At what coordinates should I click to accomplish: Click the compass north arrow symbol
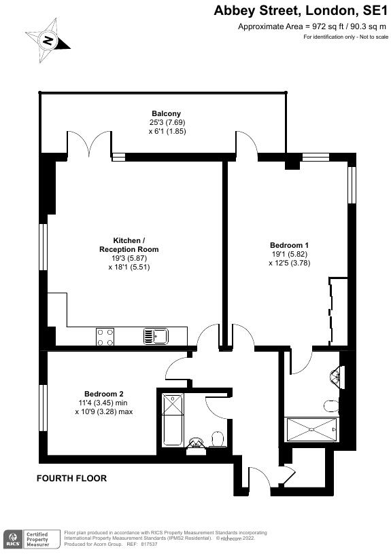click(x=48, y=41)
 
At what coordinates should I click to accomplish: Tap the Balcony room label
click(x=166, y=113)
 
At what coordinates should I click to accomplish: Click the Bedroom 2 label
click(x=103, y=394)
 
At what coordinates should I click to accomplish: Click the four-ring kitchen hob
click(x=105, y=335)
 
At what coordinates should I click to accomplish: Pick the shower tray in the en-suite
click(x=311, y=430)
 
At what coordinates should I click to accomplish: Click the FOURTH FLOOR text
click(x=71, y=479)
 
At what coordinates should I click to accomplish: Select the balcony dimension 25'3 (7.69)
click(x=167, y=123)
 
